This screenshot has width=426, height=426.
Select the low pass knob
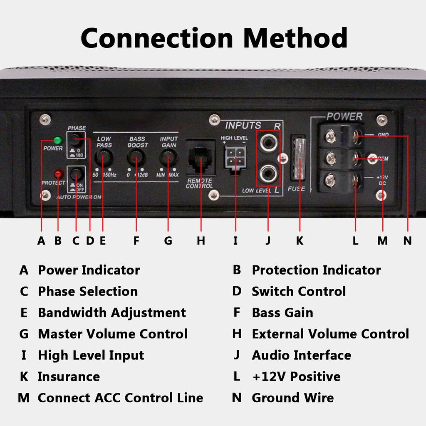pos(104,158)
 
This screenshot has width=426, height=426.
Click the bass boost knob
pos(136,158)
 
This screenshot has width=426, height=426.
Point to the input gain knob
pos(168,158)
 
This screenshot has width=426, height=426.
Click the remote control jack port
pos(201,158)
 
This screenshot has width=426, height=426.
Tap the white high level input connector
pos(235,158)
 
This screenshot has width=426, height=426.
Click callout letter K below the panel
pos(300,241)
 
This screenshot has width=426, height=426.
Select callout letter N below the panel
pos(408,241)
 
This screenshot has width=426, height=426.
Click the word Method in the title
pos(295,38)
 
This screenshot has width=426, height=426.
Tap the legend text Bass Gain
pos(282,313)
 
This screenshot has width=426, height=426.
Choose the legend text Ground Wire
pos(292,398)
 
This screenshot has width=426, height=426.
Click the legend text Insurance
pos(69,377)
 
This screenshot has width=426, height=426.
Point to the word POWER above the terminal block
pos(344,117)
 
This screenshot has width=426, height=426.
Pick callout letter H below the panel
pos(201,241)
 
